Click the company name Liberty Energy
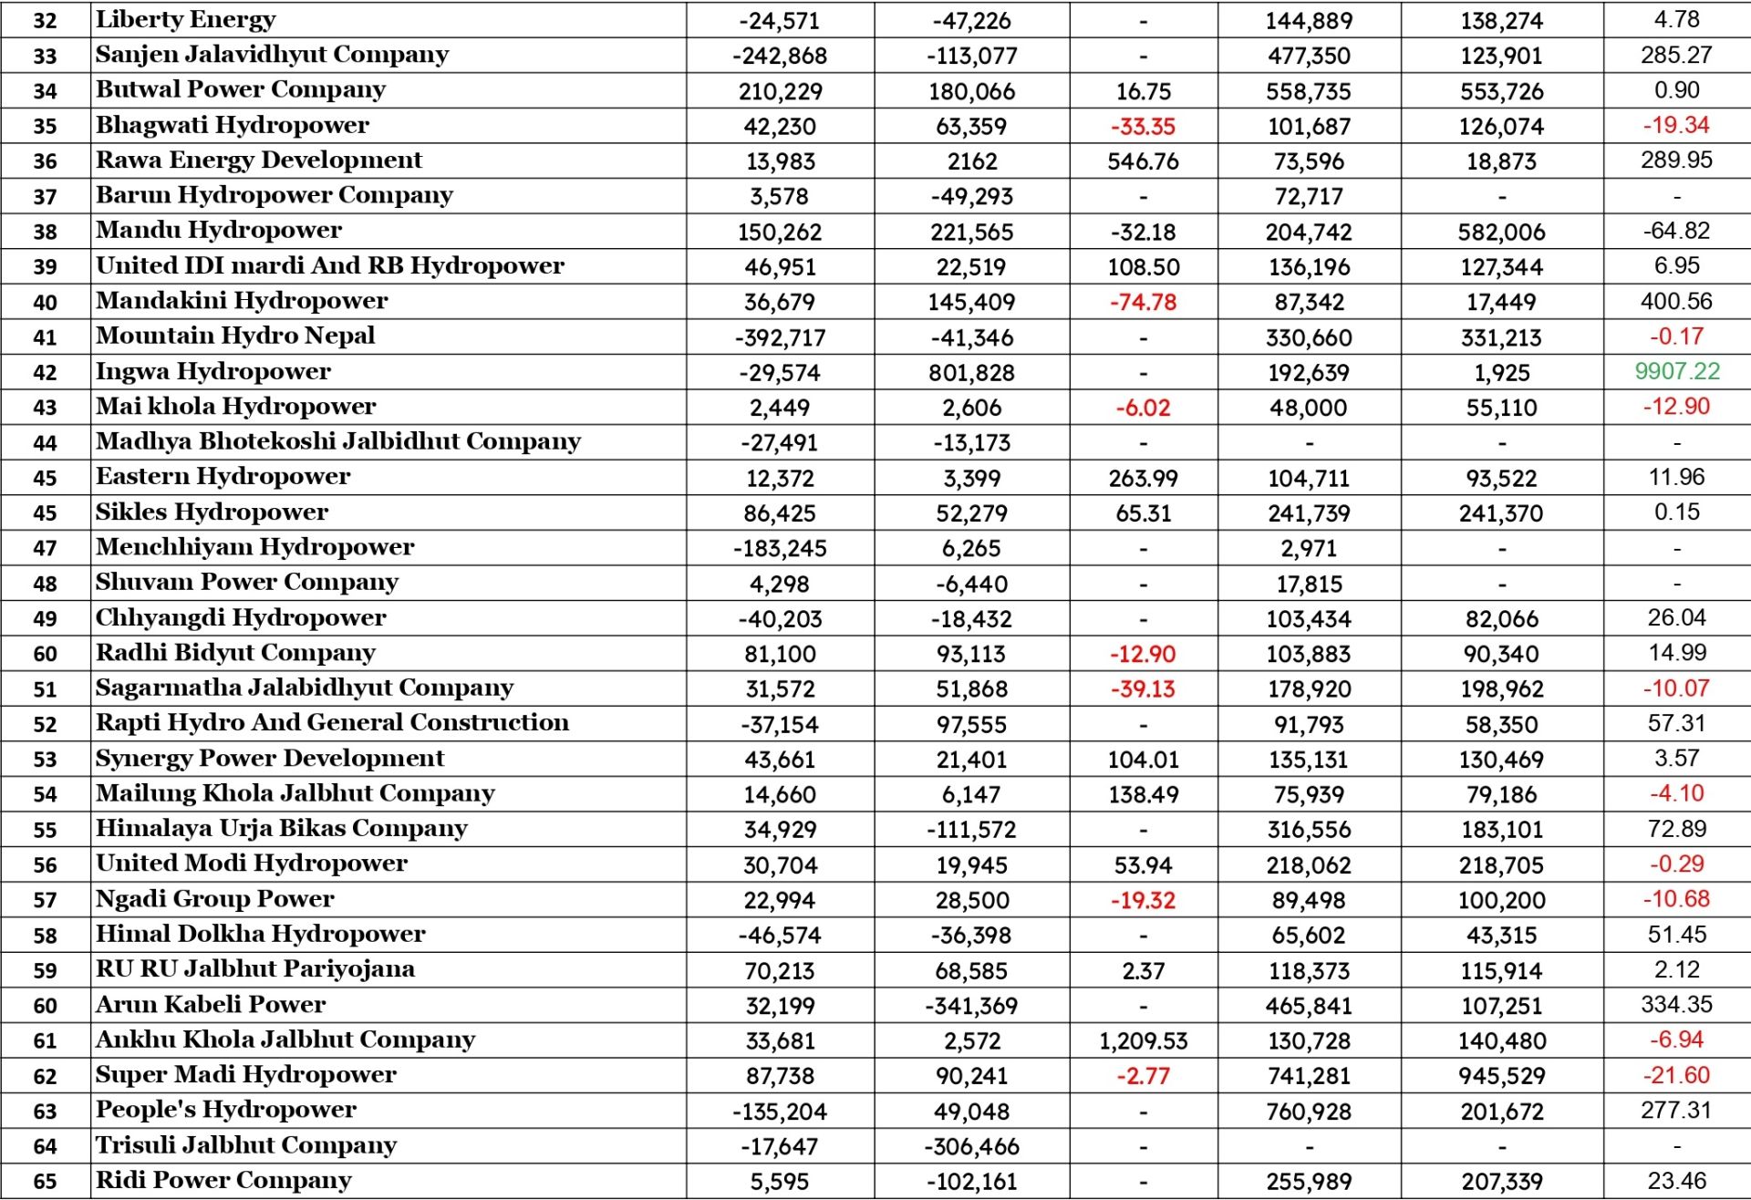click(x=185, y=20)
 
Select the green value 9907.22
click(x=1676, y=371)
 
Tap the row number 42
click(x=45, y=373)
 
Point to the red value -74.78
click(x=1143, y=302)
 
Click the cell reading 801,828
click(x=971, y=373)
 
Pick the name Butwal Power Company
click(x=241, y=90)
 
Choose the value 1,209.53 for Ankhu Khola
click(x=1143, y=1040)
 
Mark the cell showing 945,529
click(x=1501, y=1076)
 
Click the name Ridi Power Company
click(x=223, y=1181)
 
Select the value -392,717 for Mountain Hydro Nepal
click(x=780, y=337)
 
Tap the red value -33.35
click(x=1143, y=126)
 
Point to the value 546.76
click(x=1143, y=161)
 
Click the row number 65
click(x=45, y=1182)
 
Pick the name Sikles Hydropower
click(x=212, y=512)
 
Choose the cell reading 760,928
click(x=1309, y=1112)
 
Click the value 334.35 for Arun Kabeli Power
click(x=1676, y=1005)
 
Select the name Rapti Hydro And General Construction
click(x=332, y=723)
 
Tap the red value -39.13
click(x=1143, y=689)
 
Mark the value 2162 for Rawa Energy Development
click(x=971, y=161)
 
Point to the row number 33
click(x=45, y=57)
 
